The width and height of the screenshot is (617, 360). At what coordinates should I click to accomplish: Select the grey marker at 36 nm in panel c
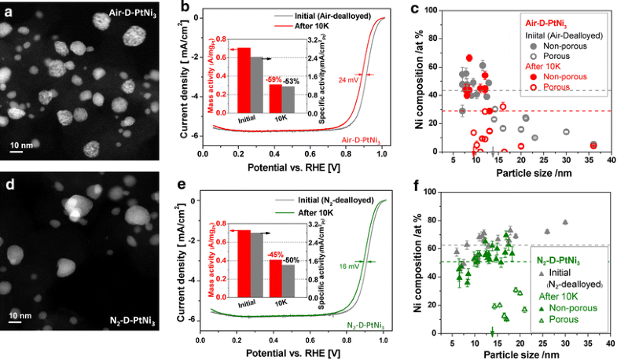(593, 145)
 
